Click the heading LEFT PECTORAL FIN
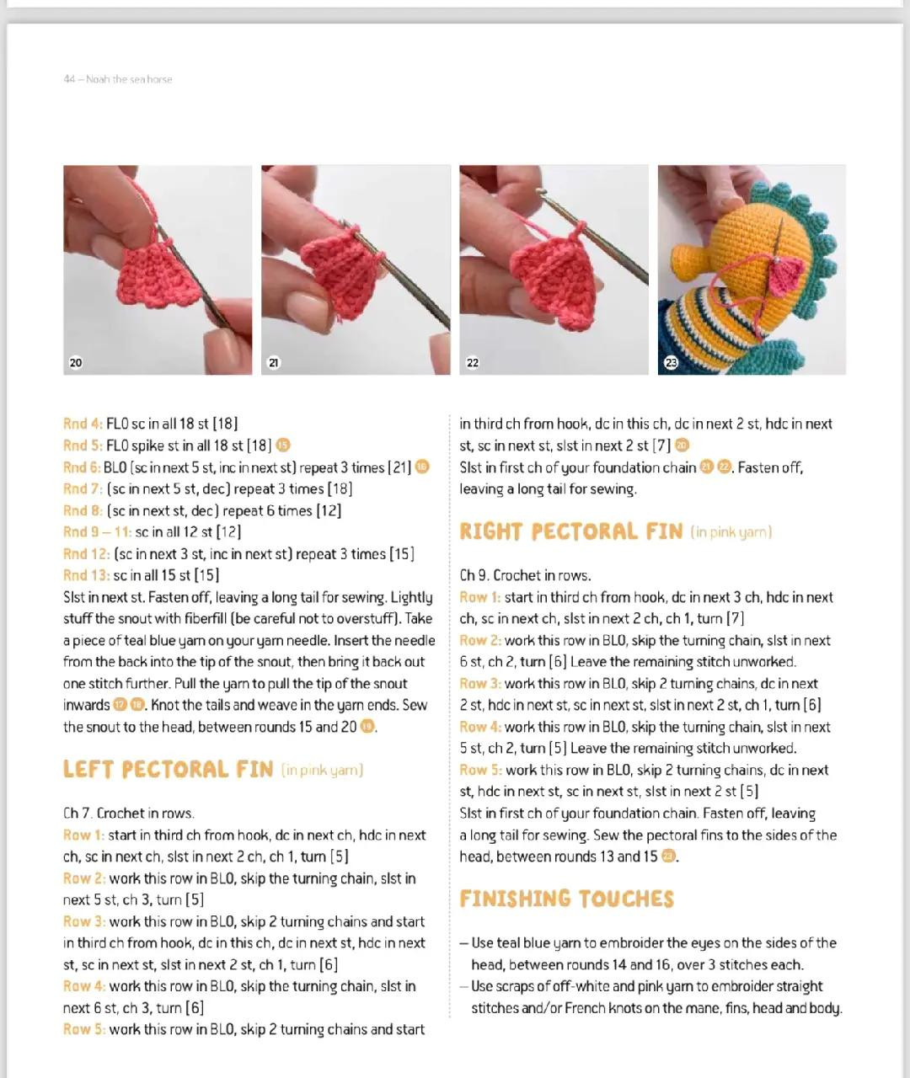click(x=168, y=770)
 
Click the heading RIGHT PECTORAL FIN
click(x=571, y=531)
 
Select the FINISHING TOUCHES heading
click(x=566, y=899)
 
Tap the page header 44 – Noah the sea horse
click(x=118, y=79)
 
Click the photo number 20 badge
click(x=76, y=362)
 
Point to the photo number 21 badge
click(x=274, y=362)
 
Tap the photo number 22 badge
click(x=472, y=362)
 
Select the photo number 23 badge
click(x=671, y=362)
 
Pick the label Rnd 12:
click(x=86, y=554)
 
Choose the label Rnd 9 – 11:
click(x=97, y=531)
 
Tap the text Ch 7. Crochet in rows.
click(x=129, y=814)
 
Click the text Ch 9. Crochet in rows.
click(x=525, y=575)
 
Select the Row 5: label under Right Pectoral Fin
click(x=480, y=770)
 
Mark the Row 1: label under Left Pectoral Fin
click(x=83, y=835)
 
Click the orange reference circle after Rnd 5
click(x=283, y=445)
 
